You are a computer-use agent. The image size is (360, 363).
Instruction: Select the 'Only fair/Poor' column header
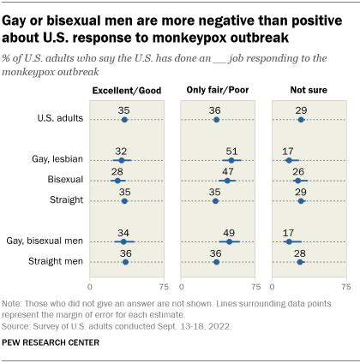click(x=218, y=90)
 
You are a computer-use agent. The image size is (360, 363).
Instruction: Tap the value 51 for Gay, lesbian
click(x=232, y=150)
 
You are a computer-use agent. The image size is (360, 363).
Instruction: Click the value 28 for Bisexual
click(x=117, y=170)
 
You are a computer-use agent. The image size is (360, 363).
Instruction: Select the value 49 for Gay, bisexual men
click(x=230, y=231)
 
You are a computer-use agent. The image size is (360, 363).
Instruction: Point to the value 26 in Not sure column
click(x=297, y=170)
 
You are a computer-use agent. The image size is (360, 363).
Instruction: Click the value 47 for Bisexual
click(x=227, y=170)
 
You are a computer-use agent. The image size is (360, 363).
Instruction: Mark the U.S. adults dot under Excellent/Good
click(x=124, y=120)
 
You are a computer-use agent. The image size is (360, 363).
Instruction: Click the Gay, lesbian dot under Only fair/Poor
click(x=231, y=160)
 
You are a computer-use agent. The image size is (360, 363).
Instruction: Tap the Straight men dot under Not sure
click(x=299, y=262)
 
